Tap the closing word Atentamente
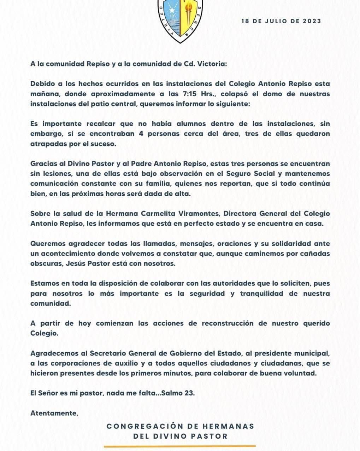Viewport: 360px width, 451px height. pyautogui.click(x=54, y=413)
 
